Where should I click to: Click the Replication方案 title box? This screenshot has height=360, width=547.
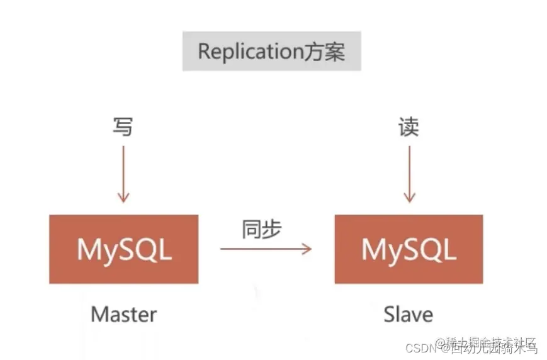coord(271,51)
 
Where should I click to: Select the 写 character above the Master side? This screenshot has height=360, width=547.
coord(123,127)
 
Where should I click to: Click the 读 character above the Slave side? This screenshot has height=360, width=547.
coord(409,127)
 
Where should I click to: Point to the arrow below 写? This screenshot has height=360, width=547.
coord(123,173)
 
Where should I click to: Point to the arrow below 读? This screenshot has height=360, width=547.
coord(409,173)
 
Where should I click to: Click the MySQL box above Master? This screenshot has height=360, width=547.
coord(123,249)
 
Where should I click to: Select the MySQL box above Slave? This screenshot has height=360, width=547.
coord(409,249)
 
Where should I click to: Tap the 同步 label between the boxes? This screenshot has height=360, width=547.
coord(261,230)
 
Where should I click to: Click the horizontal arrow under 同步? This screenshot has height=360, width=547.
coord(266,249)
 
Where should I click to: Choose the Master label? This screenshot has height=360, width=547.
coord(123,314)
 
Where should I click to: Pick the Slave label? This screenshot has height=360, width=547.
coord(409,314)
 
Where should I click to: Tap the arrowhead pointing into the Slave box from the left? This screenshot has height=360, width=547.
coord(307,249)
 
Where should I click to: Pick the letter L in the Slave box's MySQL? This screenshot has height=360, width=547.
coord(447,250)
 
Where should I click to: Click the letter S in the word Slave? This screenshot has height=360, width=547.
coord(390,314)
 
